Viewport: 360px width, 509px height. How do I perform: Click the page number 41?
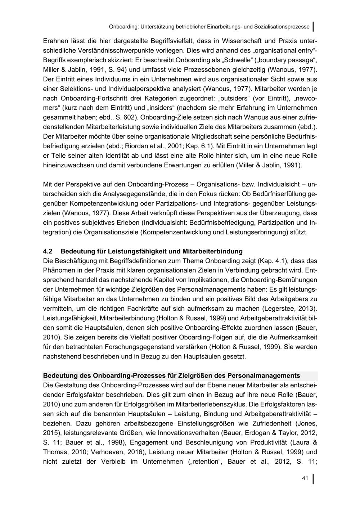(305, 478)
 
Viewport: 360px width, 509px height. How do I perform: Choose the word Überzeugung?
(279, 213)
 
